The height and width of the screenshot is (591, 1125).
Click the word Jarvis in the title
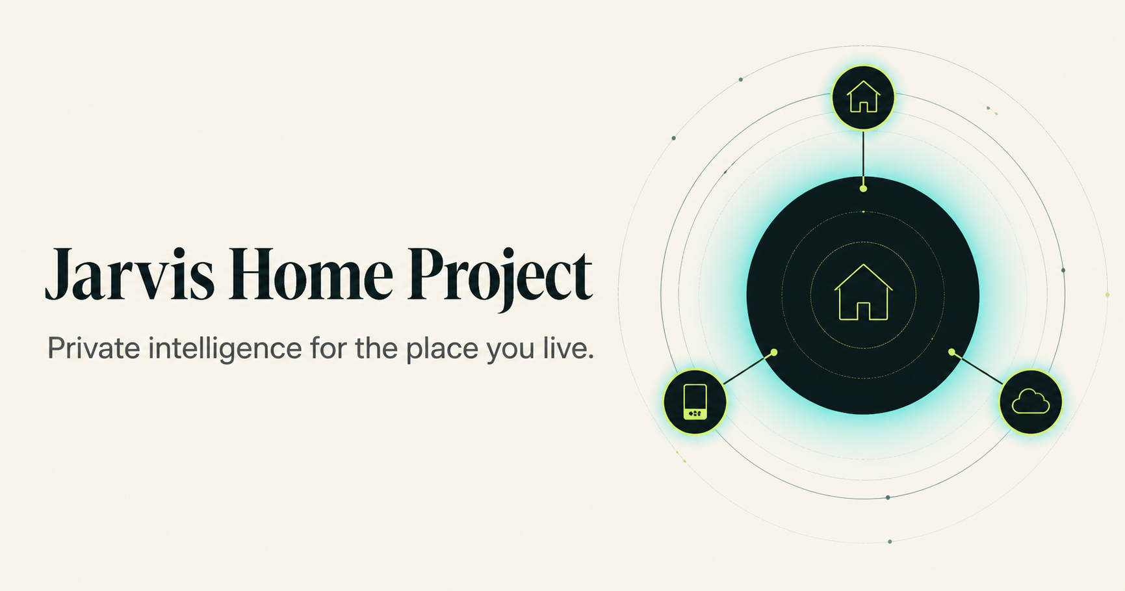(x=129, y=274)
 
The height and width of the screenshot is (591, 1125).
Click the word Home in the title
(x=311, y=274)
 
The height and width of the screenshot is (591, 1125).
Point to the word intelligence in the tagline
(x=225, y=349)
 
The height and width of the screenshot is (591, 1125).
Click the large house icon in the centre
(x=863, y=292)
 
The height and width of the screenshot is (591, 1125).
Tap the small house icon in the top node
(x=863, y=96)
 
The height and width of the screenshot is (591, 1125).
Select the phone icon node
(x=695, y=402)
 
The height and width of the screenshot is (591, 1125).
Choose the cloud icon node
(x=1031, y=402)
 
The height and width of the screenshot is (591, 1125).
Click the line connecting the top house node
(x=863, y=158)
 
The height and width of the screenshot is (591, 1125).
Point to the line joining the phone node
(x=749, y=367)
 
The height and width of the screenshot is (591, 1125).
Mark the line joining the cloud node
(x=977, y=367)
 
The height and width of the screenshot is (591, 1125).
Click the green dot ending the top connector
(x=863, y=189)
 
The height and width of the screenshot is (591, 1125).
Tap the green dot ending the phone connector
(x=774, y=352)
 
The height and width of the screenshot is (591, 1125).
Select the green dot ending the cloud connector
(x=951, y=352)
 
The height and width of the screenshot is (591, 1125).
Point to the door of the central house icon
(x=863, y=311)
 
